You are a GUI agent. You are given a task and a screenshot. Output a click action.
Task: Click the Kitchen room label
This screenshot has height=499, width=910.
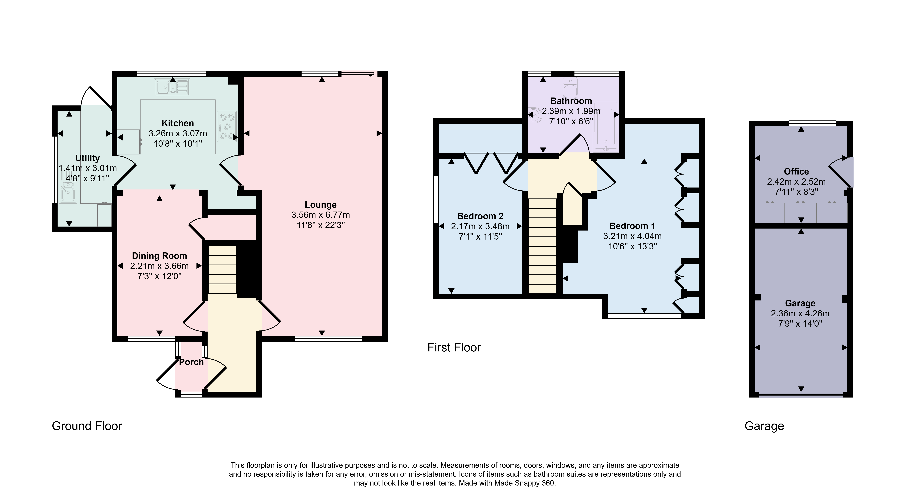tap(178, 123)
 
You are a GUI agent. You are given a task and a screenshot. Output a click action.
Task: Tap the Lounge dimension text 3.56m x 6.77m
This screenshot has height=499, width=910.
tap(321, 215)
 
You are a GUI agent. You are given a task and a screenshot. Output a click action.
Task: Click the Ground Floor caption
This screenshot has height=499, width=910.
tap(87, 426)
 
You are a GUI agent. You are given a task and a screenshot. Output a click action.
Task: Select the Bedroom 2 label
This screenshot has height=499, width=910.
tap(480, 216)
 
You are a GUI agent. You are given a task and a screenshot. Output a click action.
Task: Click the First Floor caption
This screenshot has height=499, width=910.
tap(454, 347)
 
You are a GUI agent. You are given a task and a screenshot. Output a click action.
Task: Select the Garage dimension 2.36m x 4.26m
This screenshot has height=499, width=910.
tap(800, 313)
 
